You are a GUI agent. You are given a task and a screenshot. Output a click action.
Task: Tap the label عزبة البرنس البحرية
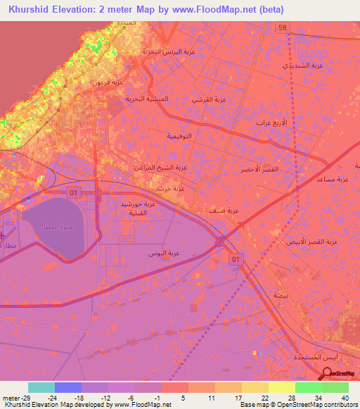point(167,52)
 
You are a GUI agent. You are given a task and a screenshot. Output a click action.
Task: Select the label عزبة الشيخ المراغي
point(160,167)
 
